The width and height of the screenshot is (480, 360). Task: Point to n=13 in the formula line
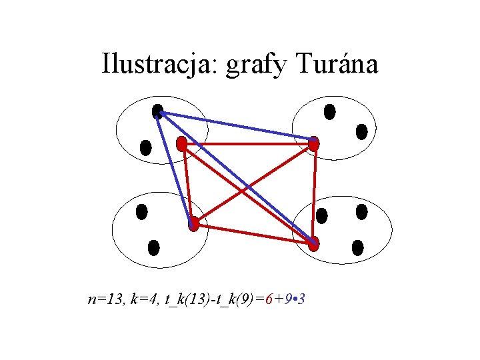(x=104, y=299)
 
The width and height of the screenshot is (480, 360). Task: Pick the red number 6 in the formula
(x=268, y=299)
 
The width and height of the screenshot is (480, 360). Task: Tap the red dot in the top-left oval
(x=181, y=143)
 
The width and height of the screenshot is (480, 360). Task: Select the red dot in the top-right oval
(x=313, y=143)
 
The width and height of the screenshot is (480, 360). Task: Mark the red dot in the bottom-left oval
(x=193, y=224)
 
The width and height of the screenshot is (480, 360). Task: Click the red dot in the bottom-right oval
(x=313, y=243)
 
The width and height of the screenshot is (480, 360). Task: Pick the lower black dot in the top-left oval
(x=145, y=147)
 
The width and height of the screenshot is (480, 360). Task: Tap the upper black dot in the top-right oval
(x=329, y=111)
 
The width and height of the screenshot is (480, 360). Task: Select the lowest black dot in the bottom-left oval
(x=153, y=248)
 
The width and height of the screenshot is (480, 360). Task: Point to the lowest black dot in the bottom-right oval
(x=357, y=248)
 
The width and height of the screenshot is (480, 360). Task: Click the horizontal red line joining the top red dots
(x=247, y=143)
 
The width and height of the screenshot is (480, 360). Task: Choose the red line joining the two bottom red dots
(x=253, y=234)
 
